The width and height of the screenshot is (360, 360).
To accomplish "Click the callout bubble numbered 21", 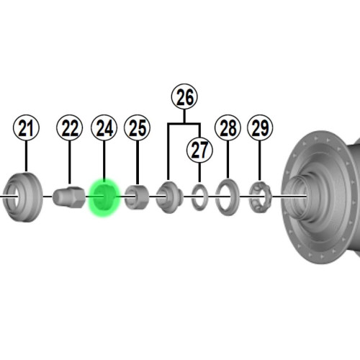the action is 26,127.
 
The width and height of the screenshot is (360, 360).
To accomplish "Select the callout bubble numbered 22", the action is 70,127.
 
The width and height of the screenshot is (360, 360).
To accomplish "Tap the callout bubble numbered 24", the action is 104,127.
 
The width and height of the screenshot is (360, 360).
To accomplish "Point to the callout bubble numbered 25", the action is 138,127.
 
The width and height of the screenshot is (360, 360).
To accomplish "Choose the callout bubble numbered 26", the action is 184,96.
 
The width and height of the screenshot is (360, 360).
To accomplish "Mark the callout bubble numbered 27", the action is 199,150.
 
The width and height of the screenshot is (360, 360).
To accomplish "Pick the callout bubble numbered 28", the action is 228,127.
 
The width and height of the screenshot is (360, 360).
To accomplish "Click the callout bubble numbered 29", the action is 260,127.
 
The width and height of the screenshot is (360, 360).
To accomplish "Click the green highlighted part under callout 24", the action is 104,198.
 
